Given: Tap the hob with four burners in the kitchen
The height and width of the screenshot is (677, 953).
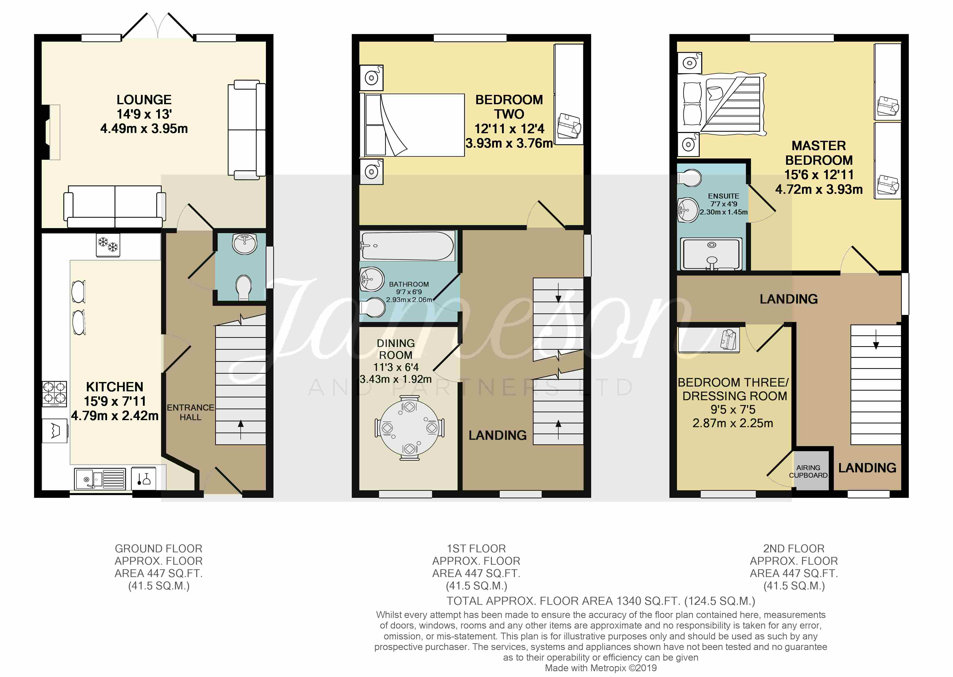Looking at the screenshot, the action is coord(54,394).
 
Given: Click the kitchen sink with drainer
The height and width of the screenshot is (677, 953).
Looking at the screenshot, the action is coord(100,479).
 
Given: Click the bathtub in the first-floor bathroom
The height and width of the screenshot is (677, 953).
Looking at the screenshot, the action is coord(407,246).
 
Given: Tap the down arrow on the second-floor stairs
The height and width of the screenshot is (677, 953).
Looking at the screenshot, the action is coord(876,339).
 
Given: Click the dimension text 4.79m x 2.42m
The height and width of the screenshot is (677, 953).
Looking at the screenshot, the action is coord(115,416).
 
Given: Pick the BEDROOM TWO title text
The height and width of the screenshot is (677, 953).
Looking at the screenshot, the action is coord(509,107).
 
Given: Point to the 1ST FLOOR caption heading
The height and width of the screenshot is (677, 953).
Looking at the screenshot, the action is coord(476,548).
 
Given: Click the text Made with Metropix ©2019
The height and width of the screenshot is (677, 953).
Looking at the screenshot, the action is coord(600,668).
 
